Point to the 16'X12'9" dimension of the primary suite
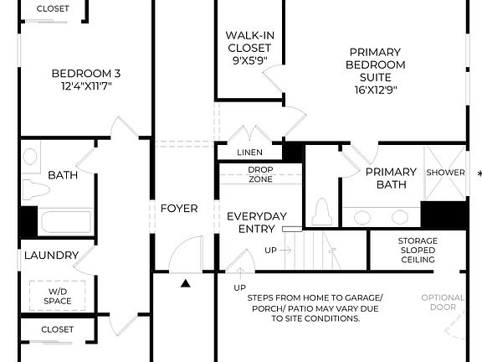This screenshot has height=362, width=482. (x=376, y=90)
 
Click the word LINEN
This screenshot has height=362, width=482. (x=249, y=153)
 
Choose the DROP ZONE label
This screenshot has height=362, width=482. (x=260, y=174)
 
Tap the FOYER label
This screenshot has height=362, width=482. (x=179, y=208)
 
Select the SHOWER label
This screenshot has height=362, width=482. (x=445, y=173)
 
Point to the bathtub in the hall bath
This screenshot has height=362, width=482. (x=65, y=223)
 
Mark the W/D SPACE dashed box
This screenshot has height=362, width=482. (x=58, y=296)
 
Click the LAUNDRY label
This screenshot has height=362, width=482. (x=51, y=255)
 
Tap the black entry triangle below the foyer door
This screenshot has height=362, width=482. (x=185, y=283)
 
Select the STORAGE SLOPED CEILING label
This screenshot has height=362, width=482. (x=417, y=250)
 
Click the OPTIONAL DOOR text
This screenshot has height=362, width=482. (x=443, y=303)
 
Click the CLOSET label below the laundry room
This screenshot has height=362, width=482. (x=58, y=329)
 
